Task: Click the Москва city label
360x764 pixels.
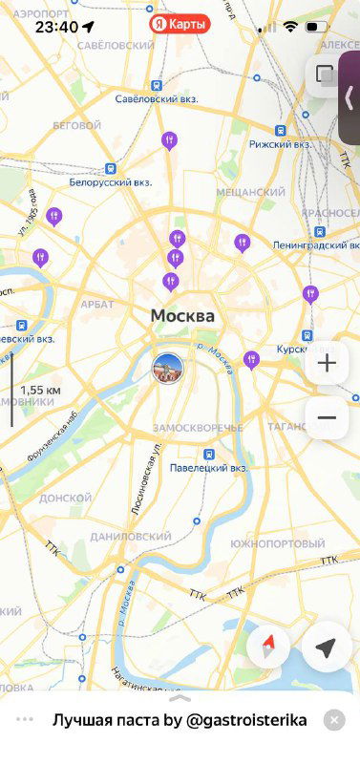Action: click(x=182, y=316)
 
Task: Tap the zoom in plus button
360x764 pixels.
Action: click(x=327, y=363)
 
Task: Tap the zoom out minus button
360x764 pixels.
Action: click(x=327, y=417)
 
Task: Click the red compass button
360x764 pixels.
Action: click(x=268, y=647)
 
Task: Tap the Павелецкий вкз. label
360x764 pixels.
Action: click(x=209, y=468)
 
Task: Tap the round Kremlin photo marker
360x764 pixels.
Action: click(x=168, y=368)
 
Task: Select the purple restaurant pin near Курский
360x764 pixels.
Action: click(x=251, y=360)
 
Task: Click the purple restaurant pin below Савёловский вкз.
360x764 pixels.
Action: click(x=169, y=141)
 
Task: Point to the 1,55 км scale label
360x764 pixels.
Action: click(x=40, y=390)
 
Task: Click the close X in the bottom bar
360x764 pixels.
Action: click(x=333, y=720)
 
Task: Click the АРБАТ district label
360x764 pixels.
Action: click(x=97, y=304)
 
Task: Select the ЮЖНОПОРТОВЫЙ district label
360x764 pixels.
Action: click(x=277, y=543)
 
